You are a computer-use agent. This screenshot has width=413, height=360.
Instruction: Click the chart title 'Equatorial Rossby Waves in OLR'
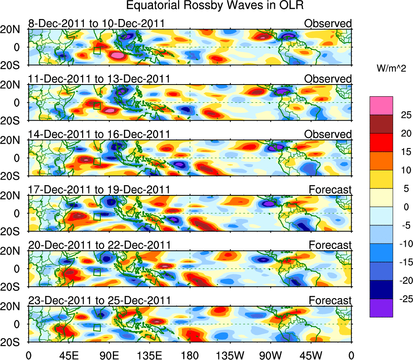click(214, 6)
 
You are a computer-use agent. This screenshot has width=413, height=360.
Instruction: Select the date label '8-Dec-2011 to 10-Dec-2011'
click(96, 23)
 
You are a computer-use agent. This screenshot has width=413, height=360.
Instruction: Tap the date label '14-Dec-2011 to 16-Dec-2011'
click(99, 134)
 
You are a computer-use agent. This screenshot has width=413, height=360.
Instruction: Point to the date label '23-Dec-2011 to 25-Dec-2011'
click(99, 301)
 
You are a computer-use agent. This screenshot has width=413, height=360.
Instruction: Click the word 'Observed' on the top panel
click(328, 23)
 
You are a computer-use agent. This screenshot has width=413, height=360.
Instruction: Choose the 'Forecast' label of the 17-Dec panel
click(330, 189)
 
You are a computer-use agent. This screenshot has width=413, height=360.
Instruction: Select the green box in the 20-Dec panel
click(97, 271)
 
